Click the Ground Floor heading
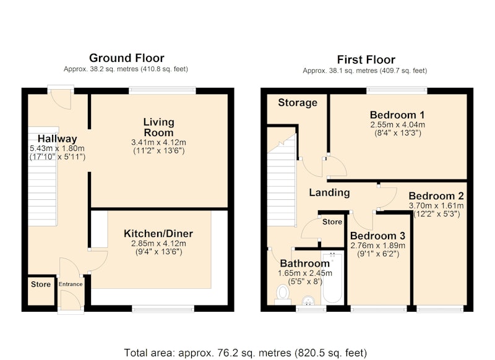[127, 58]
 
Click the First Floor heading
[366, 59]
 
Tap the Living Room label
[159, 127]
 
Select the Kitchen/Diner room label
[158, 233]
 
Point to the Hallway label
[57, 139]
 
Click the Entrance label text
[71, 284]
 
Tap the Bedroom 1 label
[397, 114]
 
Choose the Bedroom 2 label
[436, 196]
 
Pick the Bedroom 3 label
[377, 236]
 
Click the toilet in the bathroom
[283, 294]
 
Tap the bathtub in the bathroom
[332, 277]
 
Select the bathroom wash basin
[308, 301]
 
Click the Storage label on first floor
[298, 103]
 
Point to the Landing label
[329, 192]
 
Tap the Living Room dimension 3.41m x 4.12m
[158, 142]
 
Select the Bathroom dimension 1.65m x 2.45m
[305, 273]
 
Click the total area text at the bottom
[245, 353]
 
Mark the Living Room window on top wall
[162, 90]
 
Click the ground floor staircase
[43, 176]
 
